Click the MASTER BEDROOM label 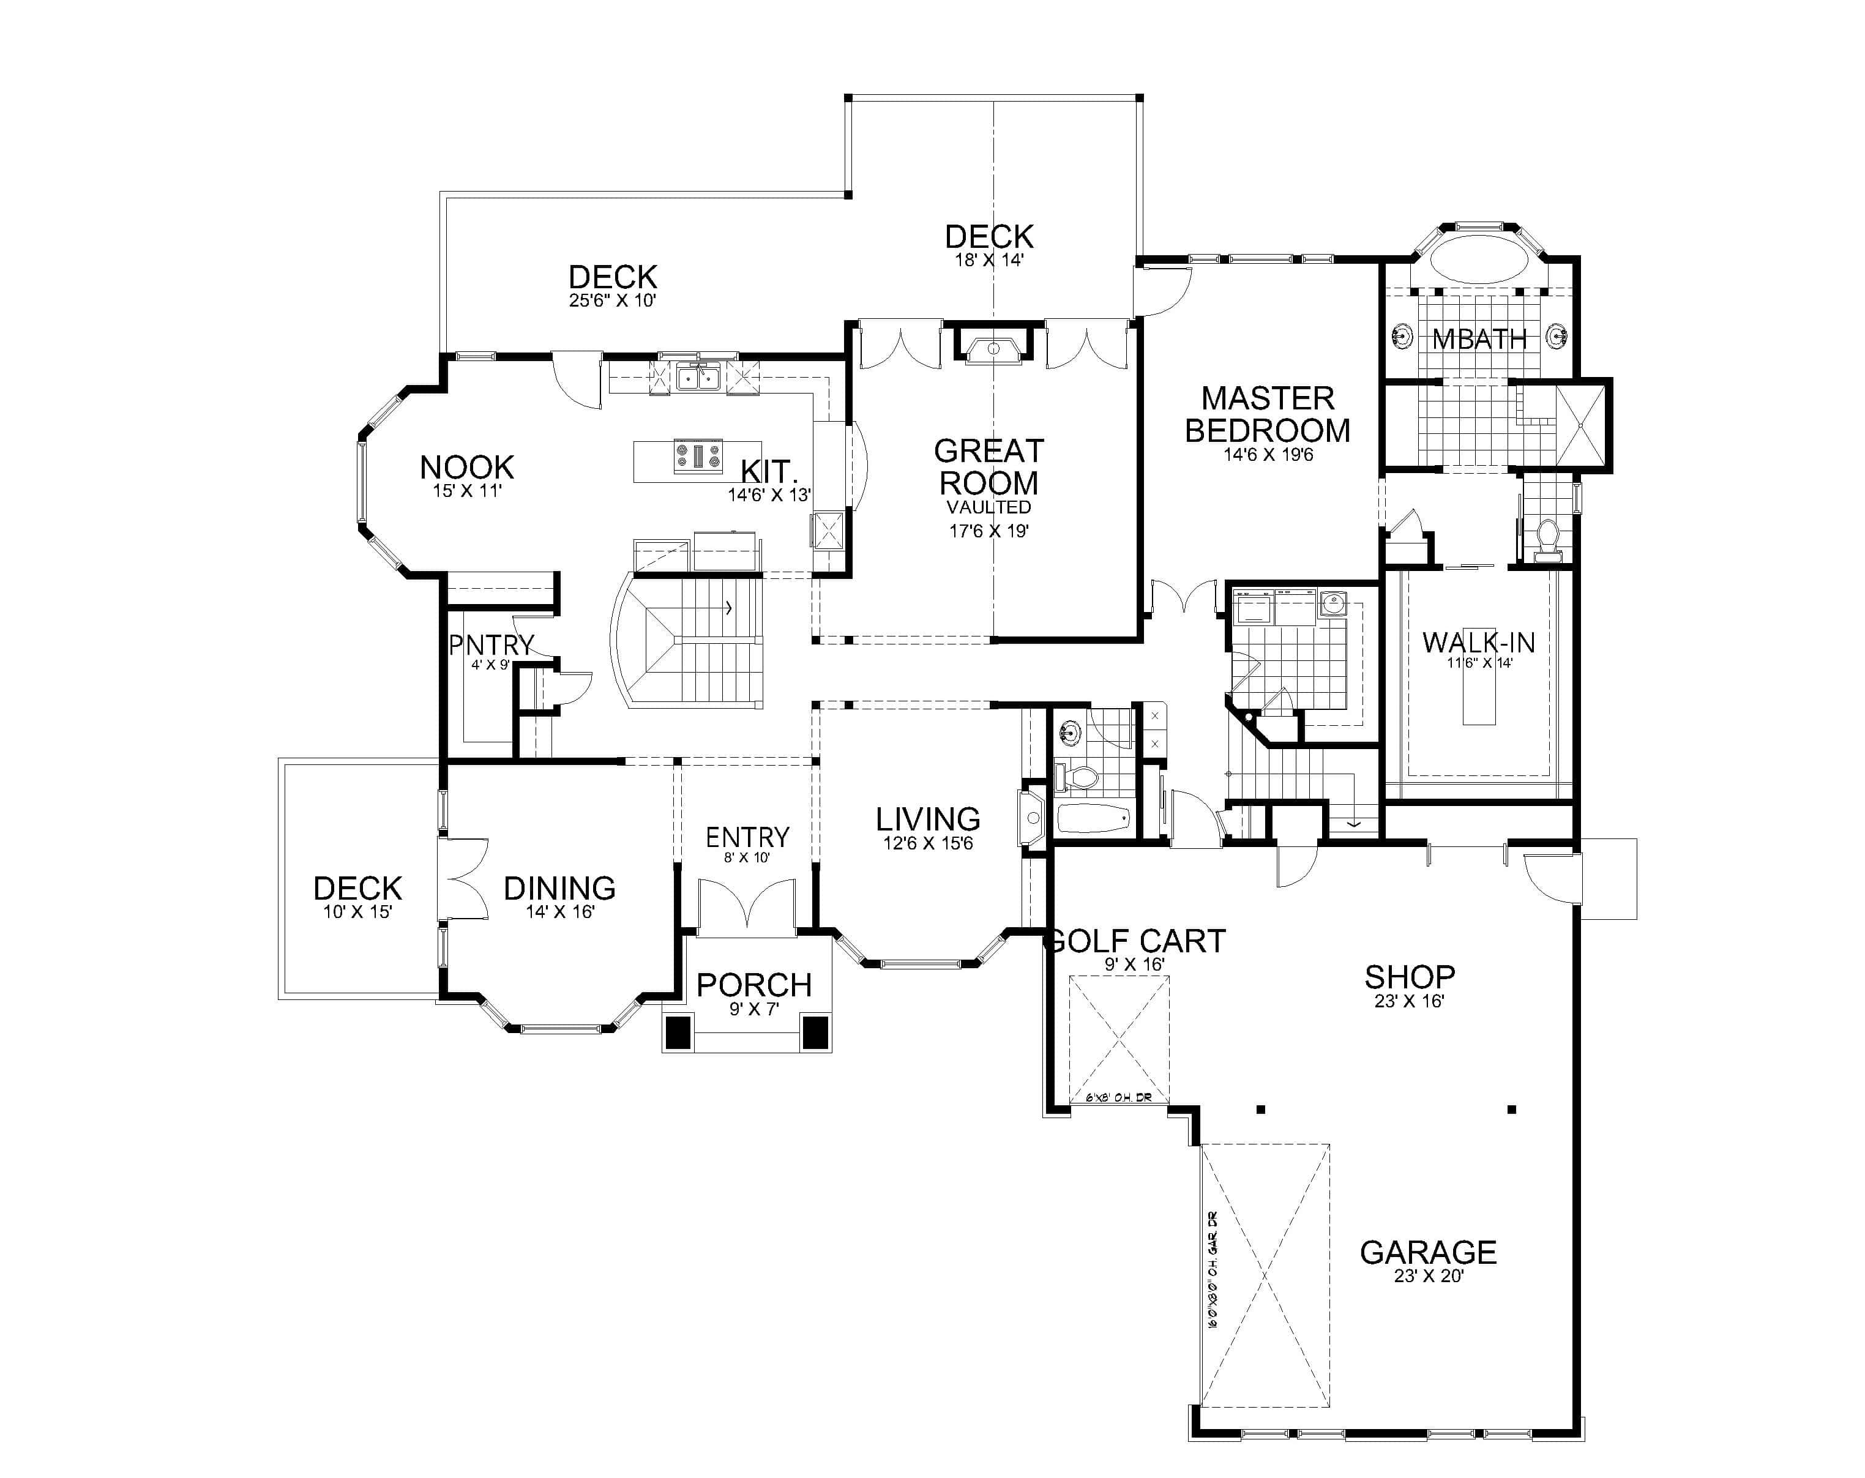click(x=1266, y=414)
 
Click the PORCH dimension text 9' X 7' click(x=753, y=1009)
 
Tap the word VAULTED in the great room click(x=988, y=507)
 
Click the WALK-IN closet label click(x=1478, y=643)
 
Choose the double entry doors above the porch click(x=747, y=906)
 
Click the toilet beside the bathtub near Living click(x=1078, y=777)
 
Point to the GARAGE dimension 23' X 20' click(x=1428, y=1275)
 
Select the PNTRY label click(x=490, y=645)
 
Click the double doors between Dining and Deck click(x=462, y=879)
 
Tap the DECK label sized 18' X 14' click(x=989, y=236)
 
